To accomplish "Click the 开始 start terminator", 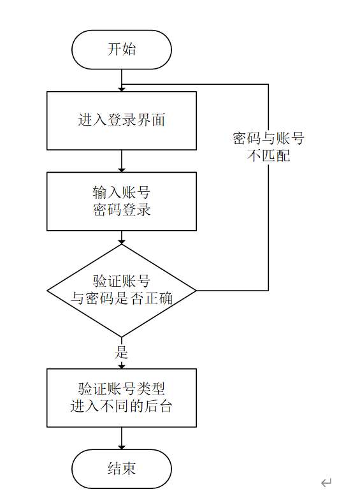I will click(121, 50).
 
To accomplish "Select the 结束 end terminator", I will click(121, 469).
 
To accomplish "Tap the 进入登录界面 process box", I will click(121, 120).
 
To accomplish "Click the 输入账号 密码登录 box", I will click(121, 201).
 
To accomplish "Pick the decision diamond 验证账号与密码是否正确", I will click(121, 291).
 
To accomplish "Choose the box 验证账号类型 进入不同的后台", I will click(121, 397).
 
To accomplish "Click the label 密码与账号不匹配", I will click(268, 147).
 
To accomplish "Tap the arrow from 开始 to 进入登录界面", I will click(121, 80).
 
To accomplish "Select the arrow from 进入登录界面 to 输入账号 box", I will click(121, 161).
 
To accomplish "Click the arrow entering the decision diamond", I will click(121, 237).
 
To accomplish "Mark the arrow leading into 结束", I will click(121, 439).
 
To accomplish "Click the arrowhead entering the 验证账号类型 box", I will click(121, 365).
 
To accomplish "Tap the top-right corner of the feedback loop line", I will click(268, 85).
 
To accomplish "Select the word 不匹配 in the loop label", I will click(268, 155).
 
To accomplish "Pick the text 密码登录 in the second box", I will click(121, 210).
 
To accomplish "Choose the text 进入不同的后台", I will click(121, 406).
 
